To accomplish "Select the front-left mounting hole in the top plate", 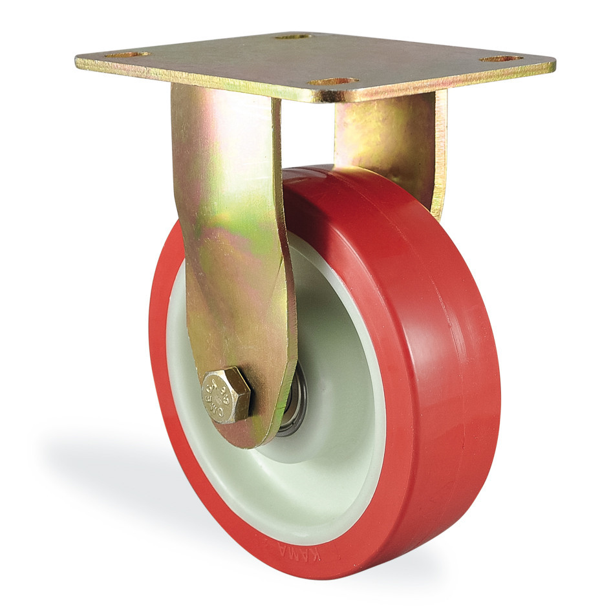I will tap(127, 55).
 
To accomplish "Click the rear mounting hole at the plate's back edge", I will tap(294, 37).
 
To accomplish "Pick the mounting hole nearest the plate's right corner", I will tap(501, 59).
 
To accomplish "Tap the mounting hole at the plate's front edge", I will tap(333, 82).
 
